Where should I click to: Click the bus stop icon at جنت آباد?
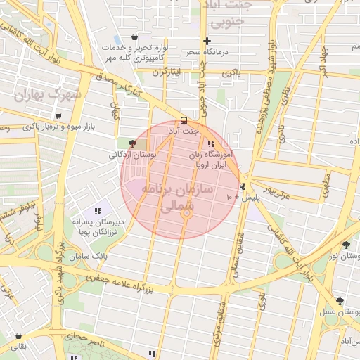[x=184, y=120]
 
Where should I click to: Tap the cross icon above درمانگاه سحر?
[x=207, y=41]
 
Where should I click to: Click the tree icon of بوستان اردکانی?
[x=133, y=143]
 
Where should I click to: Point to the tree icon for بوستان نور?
[x=346, y=245]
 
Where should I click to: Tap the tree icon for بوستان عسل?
[x=340, y=300]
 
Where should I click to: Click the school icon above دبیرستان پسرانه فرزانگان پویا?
[x=98, y=211]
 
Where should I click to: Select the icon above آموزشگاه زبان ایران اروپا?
[x=211, y=143]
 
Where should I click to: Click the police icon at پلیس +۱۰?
[x=243, y=187]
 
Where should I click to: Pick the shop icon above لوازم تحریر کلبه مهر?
[x=134, y=37]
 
